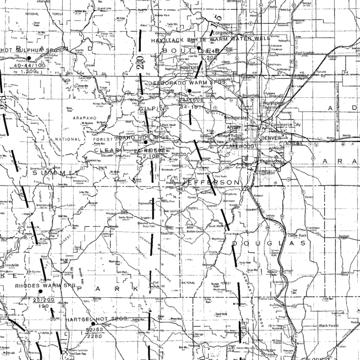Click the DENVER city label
[271, 138]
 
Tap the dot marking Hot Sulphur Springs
[29, 58]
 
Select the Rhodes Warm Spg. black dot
[41, 292]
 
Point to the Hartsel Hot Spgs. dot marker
[93, 323]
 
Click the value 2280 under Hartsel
[95, 336]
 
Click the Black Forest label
[329, 325]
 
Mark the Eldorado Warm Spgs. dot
[189, 90]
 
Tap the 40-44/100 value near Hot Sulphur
[29, 66]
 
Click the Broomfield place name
[251, 96]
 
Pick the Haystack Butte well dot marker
[199, 48]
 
